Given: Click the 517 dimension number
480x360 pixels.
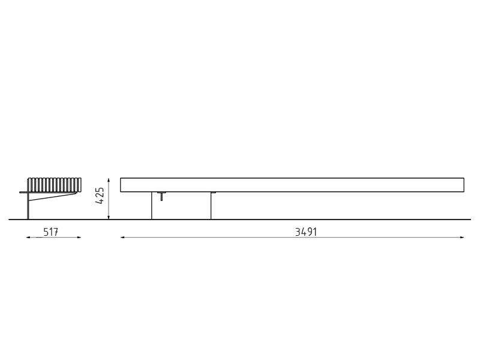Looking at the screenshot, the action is click(50, 232).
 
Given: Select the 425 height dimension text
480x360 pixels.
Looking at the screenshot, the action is click(100, 196).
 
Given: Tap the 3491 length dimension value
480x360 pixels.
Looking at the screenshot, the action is click(306, 232).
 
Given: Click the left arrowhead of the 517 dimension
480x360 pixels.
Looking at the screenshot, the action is click(28, 237).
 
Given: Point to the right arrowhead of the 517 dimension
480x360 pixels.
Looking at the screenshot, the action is click(79, 237).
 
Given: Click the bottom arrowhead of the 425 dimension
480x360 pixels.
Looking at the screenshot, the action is click(109, 217).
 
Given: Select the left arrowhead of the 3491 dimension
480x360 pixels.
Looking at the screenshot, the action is click(122, 237).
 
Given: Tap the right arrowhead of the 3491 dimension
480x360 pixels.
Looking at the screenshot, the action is click(462, 237).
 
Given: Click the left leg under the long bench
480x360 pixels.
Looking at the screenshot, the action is click(152, 206).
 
